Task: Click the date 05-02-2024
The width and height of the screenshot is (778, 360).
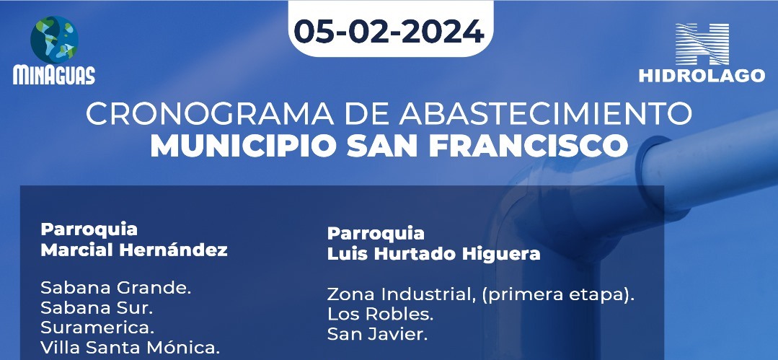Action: tap(389, 32)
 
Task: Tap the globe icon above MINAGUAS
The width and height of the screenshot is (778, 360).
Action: tap(54, 40)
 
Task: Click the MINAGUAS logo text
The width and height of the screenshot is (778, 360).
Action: tap(54, 75)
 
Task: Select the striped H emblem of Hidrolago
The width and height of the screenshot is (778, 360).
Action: tap(702, 44)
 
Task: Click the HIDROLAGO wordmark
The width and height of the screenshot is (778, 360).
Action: tap(702, 76)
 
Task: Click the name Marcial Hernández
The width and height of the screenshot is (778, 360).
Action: tap(134, 250)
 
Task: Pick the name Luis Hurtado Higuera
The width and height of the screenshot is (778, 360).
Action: tap(433, 254)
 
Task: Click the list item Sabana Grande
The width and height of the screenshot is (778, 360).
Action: tap(116, 288)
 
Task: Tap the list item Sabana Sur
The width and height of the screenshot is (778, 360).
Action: tap(97, 308)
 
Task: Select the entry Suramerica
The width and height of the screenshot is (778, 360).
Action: tap(98, 328)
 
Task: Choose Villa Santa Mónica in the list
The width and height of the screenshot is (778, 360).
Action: tap(130, 348)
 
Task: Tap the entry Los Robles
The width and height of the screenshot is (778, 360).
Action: tap(380, 315)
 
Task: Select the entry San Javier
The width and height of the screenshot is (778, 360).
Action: tap(377, 334)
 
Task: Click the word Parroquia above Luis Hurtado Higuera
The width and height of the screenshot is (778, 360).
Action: tap(376, 233)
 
